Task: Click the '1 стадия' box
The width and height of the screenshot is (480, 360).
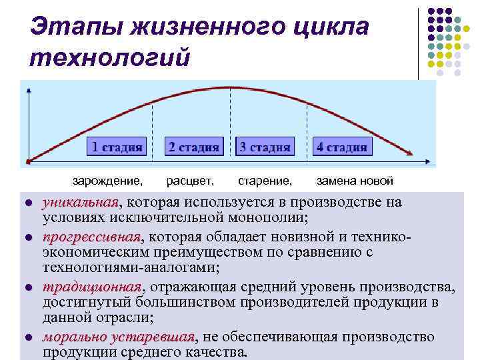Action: (x=117, y=147)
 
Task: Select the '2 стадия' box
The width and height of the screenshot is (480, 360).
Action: (x=193, y=147)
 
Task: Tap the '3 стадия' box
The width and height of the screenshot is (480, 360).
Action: (x=265, y=147)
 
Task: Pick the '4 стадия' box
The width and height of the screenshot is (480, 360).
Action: (x=342, y=147)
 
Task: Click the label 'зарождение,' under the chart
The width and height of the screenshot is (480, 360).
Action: (x=107, y=181)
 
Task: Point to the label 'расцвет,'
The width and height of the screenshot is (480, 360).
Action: (x=190, y=181)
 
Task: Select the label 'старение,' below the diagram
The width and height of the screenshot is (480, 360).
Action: (x=265, y=181)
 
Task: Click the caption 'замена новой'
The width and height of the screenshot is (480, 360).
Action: (x=355, y=181)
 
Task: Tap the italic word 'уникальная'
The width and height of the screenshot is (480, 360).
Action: (x=80, y=203)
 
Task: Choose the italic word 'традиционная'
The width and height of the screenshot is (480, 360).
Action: (x=92, y=287)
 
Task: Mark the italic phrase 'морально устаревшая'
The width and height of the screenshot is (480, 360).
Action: (x=118, y=337)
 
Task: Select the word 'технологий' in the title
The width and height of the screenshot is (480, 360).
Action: (x=110, y=57)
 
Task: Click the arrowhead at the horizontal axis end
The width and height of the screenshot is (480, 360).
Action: (x=428, y=161)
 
